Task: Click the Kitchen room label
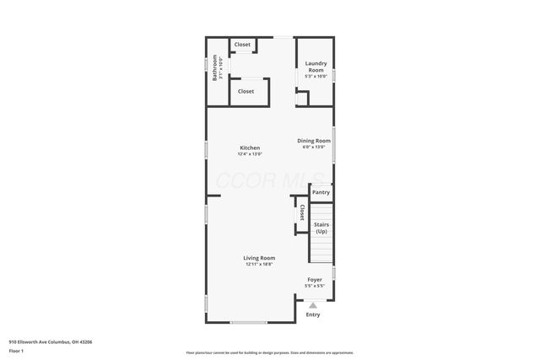(250, 148)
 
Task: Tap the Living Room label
(259, 258)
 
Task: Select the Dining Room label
(314, 140)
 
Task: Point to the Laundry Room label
(316, 66)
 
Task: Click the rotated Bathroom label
(215, 68)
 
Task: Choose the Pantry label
(321, 192)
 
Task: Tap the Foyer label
(314, 279)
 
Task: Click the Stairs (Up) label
(321, 228)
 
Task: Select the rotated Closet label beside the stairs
(302, 212)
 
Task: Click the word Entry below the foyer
(313, 314)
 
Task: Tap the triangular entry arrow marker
(313, 305)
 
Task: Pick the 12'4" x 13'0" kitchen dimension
(250, 154)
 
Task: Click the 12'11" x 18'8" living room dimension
(259, 265)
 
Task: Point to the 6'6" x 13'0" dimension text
(314, 147)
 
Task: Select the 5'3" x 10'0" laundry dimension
(316, 77)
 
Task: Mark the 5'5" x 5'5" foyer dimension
(314, 286)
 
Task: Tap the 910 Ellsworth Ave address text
(50, 341)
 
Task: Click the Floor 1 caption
(16, 351)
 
